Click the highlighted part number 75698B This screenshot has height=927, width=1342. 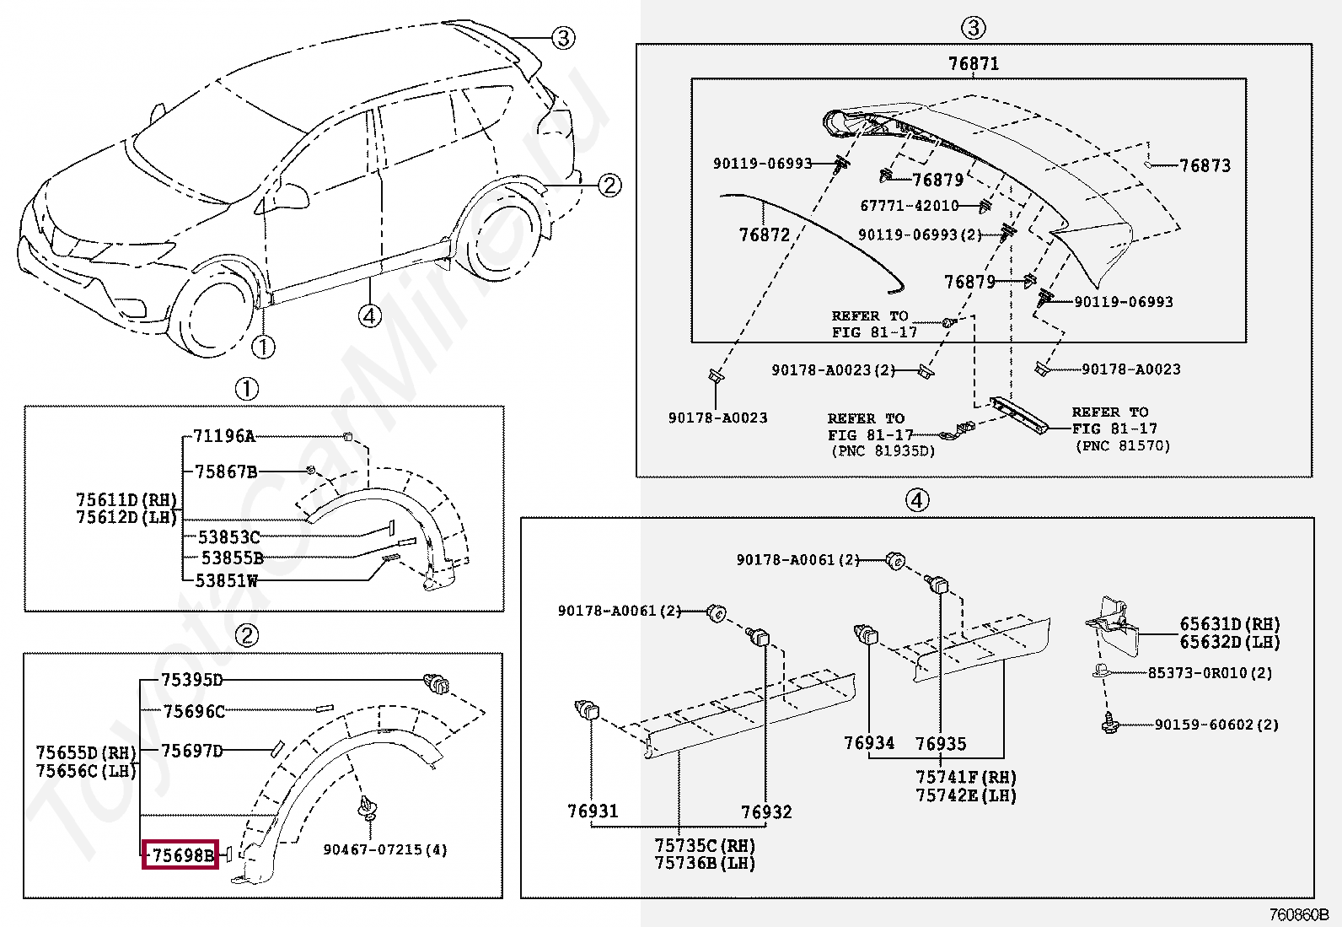(x=180, y=855)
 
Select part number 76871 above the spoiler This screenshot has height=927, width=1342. (x=973, y=64)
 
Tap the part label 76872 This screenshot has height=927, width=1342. (x=765, y=234)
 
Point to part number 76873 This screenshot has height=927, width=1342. (x=1205, y=165)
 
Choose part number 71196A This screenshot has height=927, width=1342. (x=223, y=436)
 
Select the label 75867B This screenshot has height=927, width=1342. (x=225, y=472)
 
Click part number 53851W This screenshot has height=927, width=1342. (x=226, y=580)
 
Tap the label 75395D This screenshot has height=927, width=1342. (x=191, y=680)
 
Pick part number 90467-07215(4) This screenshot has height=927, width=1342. (x=385, y=849)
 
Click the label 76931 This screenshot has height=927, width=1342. (x=592, y=811)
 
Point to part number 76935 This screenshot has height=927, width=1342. (x=941, y=743)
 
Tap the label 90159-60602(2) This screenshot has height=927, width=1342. (x=1216, y=725)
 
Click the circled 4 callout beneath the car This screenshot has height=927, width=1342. (x=369, y=315)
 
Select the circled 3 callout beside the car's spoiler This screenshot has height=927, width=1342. (x=563, y=37)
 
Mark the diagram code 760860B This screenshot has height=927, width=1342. (x=1299, y=914)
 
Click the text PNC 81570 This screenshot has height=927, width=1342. (x=1123, y=445)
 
